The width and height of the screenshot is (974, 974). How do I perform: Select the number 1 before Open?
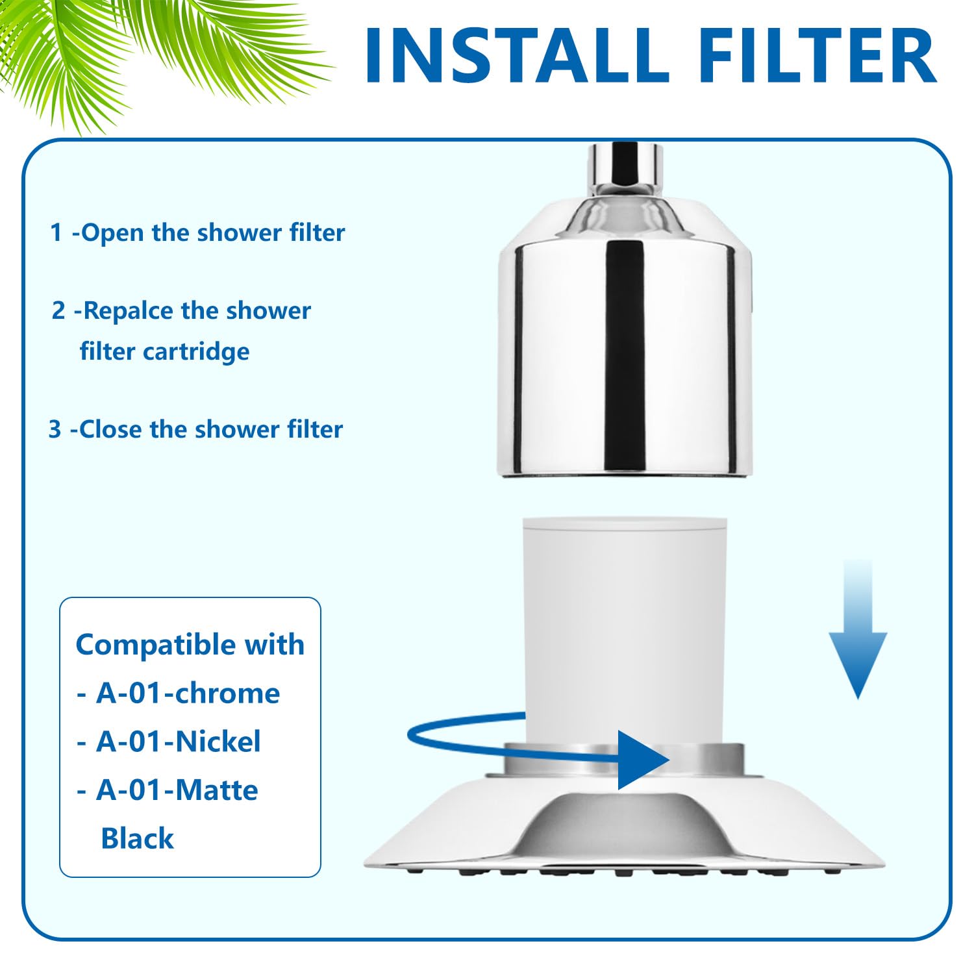click(x=56, y=232)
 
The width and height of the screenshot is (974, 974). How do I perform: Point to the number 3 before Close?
click(x=55, y=429)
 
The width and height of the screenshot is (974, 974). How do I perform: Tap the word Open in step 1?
click(x=112, y=232)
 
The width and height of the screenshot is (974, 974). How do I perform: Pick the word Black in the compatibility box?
click(x=137, y=839)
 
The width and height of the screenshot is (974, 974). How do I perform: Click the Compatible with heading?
click(x=190, y=645)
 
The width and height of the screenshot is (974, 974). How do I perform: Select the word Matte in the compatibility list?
click(x=217, y=790)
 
